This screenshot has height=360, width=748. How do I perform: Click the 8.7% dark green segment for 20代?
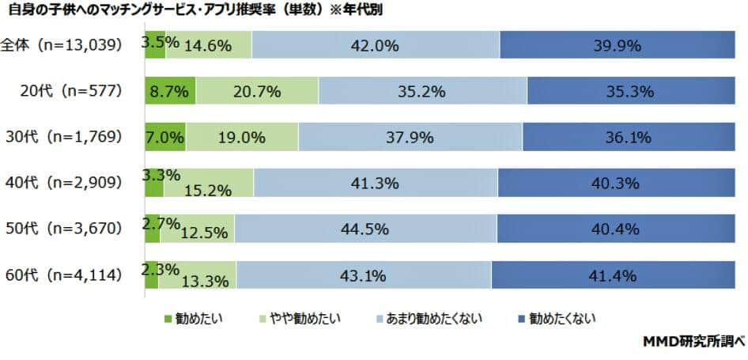(170, 91)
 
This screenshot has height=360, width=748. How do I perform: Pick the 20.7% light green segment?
(257, 91)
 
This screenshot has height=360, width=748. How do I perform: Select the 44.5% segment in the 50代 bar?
(365, 229)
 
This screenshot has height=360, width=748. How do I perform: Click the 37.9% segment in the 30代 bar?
(410, 137)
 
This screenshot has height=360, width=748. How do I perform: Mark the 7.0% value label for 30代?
(164, 137)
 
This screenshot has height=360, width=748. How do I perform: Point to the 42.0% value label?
(375, 45)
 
